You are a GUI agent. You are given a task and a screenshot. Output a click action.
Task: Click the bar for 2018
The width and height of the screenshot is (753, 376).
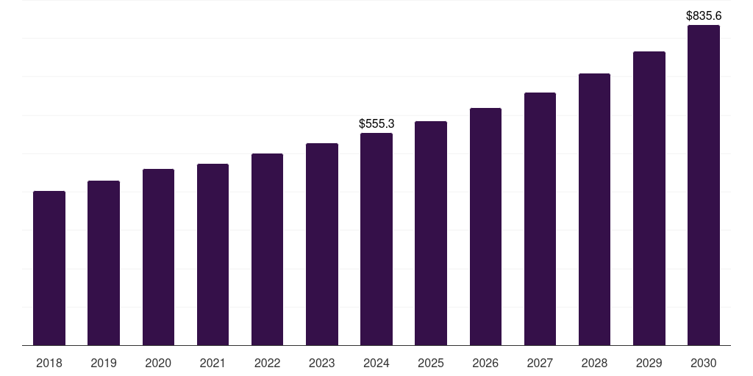click(x=49, y=268)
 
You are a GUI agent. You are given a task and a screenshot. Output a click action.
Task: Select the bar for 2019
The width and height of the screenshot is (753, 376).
click(x=104, y=263)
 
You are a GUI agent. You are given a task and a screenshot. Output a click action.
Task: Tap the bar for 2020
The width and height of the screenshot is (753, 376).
click(x=159, y=257)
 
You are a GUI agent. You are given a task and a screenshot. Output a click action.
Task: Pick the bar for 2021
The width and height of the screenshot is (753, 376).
click(x=213, y=255)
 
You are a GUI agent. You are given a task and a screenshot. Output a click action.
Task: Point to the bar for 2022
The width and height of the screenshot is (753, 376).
click(x=267, y=250)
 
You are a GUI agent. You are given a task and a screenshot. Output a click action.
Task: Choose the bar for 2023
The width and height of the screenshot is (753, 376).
click(x=322, y=244)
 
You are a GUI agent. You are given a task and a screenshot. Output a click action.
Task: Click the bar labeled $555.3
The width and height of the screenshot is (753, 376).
click(x=376, y=239)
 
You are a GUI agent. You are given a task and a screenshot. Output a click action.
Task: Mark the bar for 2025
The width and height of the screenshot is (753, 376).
click(x=431, y=233)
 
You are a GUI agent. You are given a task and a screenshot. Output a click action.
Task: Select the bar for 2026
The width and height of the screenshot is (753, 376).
click(x=485, y=227)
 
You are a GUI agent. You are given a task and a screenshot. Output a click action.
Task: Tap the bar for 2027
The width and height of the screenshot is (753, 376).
click(x=540, y=219)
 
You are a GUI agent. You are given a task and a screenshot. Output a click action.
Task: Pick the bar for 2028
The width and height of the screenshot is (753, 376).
click(x=594, y=209)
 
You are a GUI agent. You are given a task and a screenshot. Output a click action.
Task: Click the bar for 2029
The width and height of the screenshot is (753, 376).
click(x=649, y=198)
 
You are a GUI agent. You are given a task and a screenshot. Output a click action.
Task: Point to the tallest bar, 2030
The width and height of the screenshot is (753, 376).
click(x=704, y=185)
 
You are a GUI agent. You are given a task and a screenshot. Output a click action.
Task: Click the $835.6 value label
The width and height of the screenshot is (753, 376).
click(x=704, y=16)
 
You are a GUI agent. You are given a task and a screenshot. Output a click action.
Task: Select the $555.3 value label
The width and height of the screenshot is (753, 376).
click(x=376, y=123)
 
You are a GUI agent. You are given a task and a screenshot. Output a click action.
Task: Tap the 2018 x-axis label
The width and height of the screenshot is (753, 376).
click(x=49, y=363)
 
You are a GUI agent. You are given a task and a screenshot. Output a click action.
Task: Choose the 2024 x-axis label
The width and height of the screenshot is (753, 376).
click(x=376, y=363)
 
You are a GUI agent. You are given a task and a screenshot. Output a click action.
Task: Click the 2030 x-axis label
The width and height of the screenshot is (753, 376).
click(x=704, y=363)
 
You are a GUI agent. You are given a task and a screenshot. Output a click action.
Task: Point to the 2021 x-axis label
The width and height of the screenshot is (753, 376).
click(x=213, y=363)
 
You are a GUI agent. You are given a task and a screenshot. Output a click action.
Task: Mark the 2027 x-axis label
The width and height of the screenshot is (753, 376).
click(x=540, y=363)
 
